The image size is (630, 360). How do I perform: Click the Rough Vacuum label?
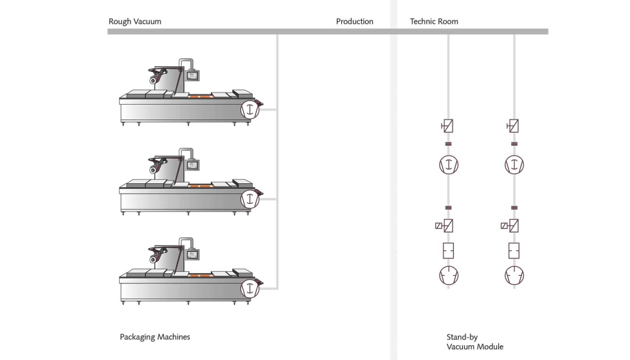134,21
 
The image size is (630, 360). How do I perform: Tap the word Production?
354,21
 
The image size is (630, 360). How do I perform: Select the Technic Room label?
434,21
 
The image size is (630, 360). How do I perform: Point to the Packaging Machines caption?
155,337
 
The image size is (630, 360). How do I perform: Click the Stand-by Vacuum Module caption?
474,342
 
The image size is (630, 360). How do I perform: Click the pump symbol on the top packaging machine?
250,109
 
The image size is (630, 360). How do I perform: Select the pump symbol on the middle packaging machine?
250,199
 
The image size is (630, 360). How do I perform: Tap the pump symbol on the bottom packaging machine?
250,289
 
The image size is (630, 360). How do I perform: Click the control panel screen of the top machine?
192,76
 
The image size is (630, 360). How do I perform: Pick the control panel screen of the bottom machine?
192,255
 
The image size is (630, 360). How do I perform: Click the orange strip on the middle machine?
200,186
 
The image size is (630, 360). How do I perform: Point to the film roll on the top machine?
153,81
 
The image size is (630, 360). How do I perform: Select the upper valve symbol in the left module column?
447,126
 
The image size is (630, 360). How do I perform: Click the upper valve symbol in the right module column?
513,126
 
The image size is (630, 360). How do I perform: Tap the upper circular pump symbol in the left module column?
449,165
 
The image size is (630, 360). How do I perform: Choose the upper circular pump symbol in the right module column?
514,165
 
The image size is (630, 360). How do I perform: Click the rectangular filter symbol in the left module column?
449,251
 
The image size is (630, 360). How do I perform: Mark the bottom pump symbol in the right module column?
514,276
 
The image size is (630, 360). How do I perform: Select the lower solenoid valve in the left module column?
444,226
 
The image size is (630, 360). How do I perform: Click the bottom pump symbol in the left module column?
449,276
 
